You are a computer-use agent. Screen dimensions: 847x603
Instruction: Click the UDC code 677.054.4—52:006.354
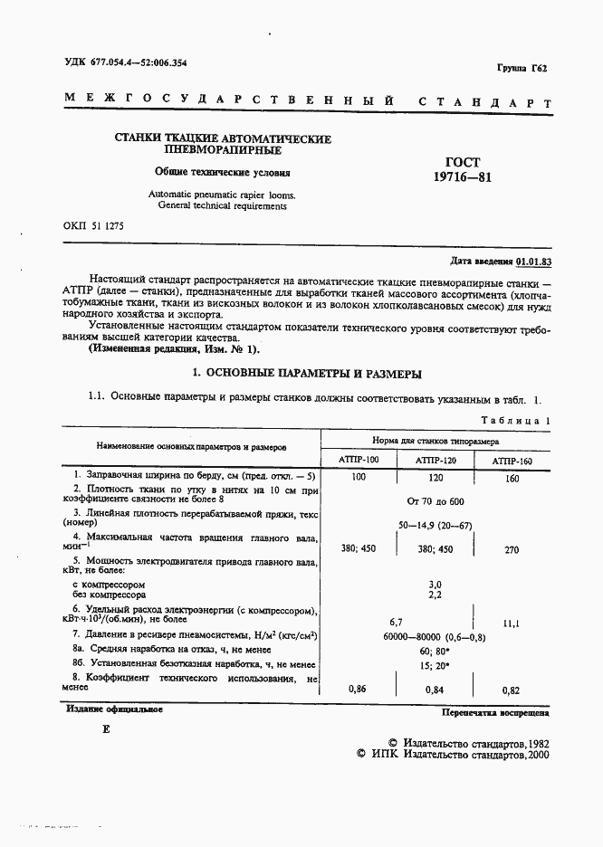(x=138, y=62)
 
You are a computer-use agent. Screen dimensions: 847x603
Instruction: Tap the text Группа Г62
(x=524, y=69)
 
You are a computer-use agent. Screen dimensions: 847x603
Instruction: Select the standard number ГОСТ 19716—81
(x=464, y=169)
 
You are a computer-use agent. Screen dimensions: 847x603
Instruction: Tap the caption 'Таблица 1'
(x=514, y=421)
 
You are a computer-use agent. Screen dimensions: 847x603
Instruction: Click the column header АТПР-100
(x=359, y=461)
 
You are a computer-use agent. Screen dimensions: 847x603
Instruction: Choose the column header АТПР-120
(x=435, y=461)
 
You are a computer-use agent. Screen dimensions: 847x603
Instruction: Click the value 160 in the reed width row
(x=512, y=478)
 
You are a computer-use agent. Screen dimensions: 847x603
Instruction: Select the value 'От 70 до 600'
(x=435, y=500)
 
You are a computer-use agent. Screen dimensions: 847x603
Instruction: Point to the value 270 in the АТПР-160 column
(x=512, y=548)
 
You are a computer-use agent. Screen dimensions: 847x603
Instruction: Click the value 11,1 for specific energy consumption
(x=512, y=623)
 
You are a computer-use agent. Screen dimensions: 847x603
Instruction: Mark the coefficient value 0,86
(x=359, y=690)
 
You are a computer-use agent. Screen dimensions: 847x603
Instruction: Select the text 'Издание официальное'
(x=114, y=709)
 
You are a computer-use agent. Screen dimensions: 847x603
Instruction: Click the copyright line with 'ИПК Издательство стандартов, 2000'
(x=453, y=753)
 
